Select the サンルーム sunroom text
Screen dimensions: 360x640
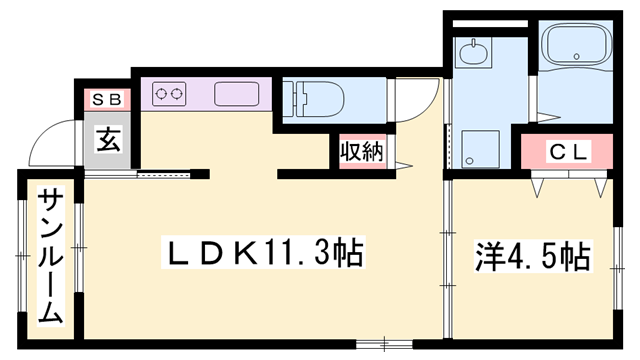[51, 257]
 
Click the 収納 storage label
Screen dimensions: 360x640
[361, 152]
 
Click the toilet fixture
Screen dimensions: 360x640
[319, 99]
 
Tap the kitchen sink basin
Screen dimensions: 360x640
[236, 94]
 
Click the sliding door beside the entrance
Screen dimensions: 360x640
[166, 174]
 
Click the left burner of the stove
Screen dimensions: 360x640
[160, 94]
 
